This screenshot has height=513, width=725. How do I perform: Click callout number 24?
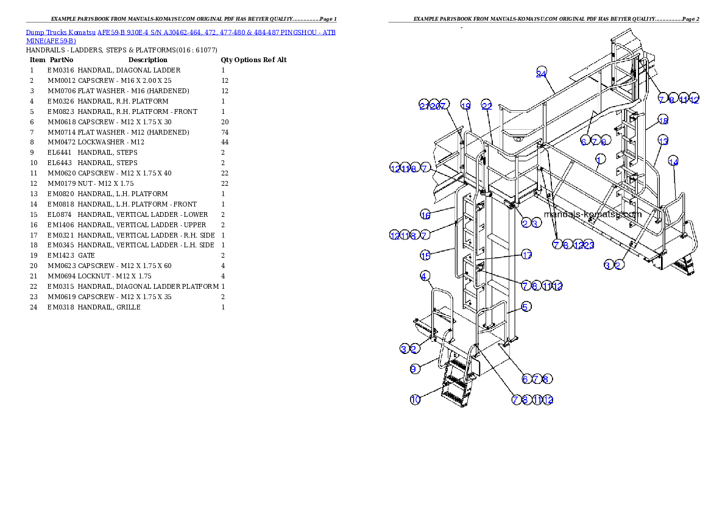click(541, 74)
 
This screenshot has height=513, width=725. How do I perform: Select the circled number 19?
click(465, 105)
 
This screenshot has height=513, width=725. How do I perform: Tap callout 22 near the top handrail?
click(486, 105)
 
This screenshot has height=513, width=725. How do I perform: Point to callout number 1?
click(601, 160)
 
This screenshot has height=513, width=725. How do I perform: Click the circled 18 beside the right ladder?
click(663, 121)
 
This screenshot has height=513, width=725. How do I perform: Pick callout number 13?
click(663, 141)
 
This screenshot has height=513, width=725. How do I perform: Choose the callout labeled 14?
click(673, 161)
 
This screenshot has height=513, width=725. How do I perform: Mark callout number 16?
click(426, 214)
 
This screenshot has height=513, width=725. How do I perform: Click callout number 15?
click(426, 255)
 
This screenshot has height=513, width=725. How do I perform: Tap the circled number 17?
click(526, 255)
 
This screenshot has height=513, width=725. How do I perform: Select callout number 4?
click(425, 276)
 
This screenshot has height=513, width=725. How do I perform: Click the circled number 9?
click(415, 369)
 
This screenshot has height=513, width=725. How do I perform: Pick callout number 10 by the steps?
click(415, 400)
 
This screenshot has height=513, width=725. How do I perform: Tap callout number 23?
click(589, 245)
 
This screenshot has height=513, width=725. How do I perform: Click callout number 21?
click(424, 105)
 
